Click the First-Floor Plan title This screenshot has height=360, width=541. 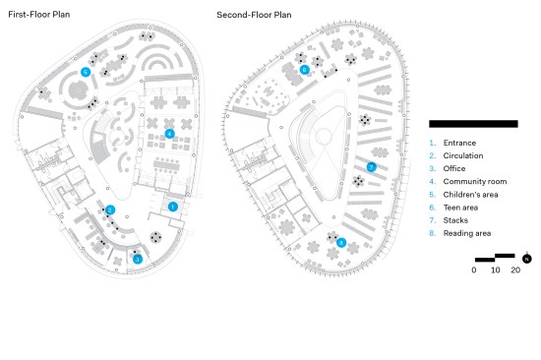click(39, 15)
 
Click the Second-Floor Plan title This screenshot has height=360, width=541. click(254, 15)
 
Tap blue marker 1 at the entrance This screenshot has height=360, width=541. click(173, 207)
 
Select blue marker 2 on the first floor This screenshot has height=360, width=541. click(110, 210)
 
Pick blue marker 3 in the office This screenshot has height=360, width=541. click(138, 259)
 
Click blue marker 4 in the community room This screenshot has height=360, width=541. click(169, 134)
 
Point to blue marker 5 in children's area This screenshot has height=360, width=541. click(86, 72)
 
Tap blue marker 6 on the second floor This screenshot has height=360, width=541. click(304, 70)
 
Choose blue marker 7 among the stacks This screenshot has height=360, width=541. click(371, 167)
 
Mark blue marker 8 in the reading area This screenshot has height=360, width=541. click(341, 242)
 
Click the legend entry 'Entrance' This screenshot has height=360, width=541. click(459, 143)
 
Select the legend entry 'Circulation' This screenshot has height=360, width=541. click(463, 155)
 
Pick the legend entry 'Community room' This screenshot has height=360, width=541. click(475, 182)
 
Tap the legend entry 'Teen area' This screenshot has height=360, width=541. click(460, 208)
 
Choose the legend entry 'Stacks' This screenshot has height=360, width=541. click(455, 220)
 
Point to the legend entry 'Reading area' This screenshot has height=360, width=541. click(467, 233)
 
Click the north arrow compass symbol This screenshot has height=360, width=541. click(526, 258)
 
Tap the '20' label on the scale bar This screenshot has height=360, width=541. click(515, 270)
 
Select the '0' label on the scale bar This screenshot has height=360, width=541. click(474, 270)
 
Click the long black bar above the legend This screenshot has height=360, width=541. click(473, 124)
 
